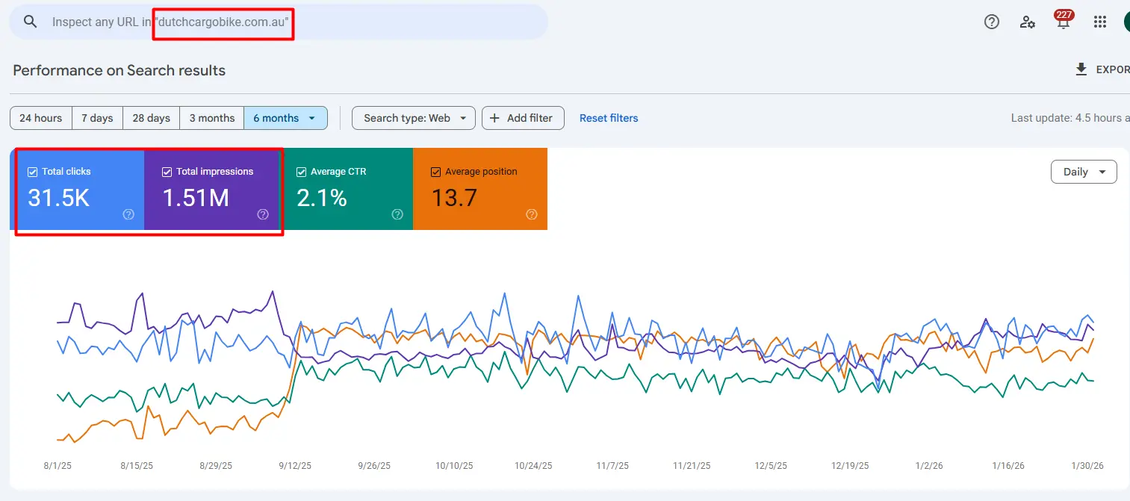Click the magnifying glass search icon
click(31, 22)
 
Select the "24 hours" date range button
click(41, 118)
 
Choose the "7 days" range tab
click(97, 118)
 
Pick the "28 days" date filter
click(152, 118)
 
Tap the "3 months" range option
click(212, 118)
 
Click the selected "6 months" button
click(285, 118)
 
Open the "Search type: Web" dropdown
click(413, 118)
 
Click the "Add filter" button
click(522, 118)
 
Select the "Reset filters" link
click(609, 118)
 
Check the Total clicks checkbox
click(32, 172)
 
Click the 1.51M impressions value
click(196, 198)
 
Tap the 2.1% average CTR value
click(322, 198)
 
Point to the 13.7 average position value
click(454, 198)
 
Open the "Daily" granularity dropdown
click(1083, 172)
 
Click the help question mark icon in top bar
click(992, 22)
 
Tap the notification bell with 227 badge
click(1064, 22)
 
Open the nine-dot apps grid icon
click(1099, 22)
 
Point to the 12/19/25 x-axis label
click(850, 466)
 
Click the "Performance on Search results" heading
click(119, 71)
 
